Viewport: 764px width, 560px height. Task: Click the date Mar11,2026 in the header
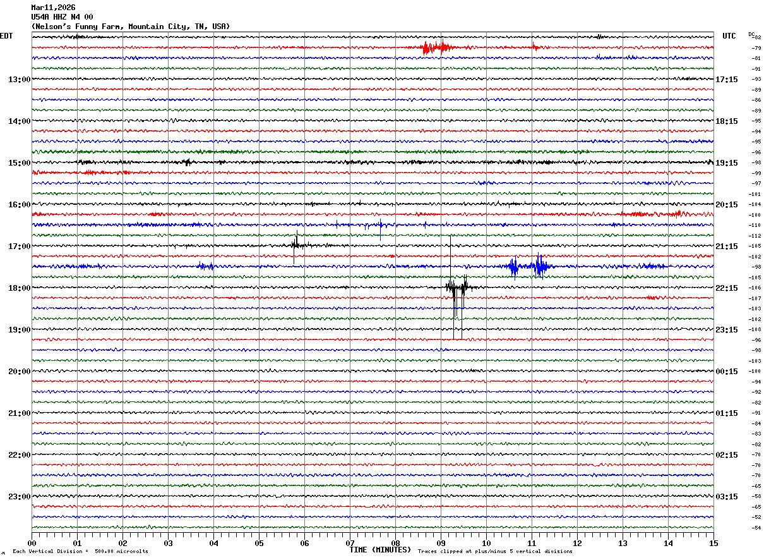point(53,8)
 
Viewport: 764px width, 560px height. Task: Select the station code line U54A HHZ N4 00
point(62,17)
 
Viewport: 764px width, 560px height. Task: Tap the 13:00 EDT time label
point(19,80)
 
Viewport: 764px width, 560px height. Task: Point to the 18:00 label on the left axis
point(19,288)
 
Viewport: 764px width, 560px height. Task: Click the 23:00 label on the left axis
point(19,497)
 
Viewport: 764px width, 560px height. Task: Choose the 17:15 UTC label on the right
point(727,80)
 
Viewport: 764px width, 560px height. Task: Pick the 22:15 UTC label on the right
point(727,288)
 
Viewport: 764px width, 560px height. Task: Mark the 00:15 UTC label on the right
point(727,372)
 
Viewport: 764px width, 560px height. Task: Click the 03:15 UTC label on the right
point(727,497)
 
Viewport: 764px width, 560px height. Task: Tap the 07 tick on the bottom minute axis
point(350,543)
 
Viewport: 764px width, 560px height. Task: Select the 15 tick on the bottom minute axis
point(713,543)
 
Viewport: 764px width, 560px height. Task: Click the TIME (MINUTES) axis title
point(380,550)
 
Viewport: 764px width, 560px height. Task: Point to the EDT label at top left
point(6,36)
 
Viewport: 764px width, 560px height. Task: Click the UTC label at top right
point(729,36)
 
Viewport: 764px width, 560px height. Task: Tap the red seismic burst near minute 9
point(434,47)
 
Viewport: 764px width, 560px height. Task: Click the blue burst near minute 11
point(540,266)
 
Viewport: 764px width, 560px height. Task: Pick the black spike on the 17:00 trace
point(295,243)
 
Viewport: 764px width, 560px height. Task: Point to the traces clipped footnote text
point(495,552)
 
